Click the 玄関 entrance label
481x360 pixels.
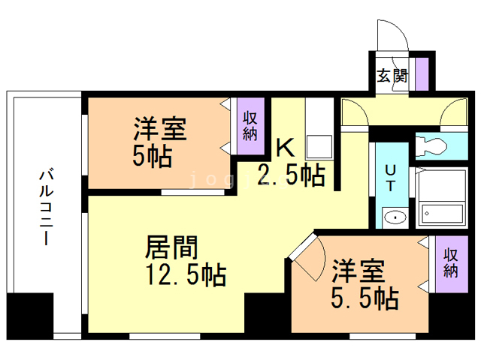[x=392, y=75]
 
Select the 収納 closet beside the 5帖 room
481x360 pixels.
[x=250, y=124]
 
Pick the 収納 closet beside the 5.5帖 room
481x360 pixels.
[x=450, y=262]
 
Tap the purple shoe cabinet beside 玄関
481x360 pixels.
[x=422, y=73]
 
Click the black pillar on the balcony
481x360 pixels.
[x=29, y=316]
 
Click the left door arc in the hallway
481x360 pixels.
[x=352, y=112]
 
